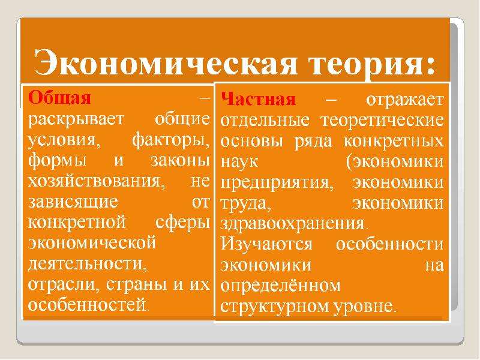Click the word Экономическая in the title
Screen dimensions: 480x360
(x=166, y=63)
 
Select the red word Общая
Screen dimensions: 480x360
(x=59, y=98)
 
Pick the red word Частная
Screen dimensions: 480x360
(x=258, y=99)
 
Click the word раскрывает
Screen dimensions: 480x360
(x=76, y=119)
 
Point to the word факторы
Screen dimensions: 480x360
(x=172, y=140)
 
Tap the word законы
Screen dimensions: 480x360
(x=181, y=160)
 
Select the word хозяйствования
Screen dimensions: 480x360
(x=97, y=181)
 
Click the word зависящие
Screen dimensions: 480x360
(x=73, y=202)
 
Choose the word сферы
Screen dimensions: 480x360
(x=183, y=222)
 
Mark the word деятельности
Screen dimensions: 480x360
(x=88, y=264)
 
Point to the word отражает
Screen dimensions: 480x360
(x=404, y=100)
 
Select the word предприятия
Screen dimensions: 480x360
(x=277, y=183)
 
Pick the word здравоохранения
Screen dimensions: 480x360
(x=293, y=224)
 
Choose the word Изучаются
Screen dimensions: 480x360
(x=266, y=244)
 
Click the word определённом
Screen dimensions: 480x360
(x=280, y=286)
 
